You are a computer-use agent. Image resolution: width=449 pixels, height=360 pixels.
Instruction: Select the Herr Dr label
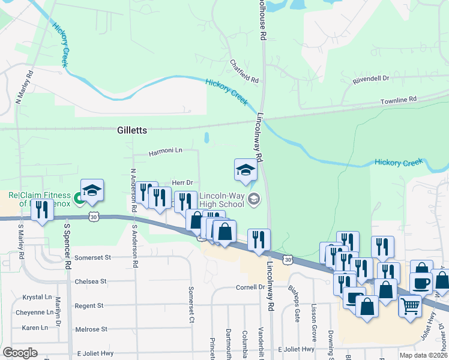pyautogui.click(x=182, y=182)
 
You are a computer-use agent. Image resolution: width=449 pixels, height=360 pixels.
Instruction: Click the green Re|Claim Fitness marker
pyautogui.click(x=78, y=197)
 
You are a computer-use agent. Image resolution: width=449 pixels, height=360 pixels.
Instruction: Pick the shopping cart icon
pyautogui.click(x=410, y=306)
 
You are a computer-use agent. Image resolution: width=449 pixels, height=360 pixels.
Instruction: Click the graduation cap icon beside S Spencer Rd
pyautogui.click(x=92, y=190)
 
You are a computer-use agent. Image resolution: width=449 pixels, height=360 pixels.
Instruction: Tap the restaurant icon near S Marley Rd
pyautogui.click(x=41, y=209)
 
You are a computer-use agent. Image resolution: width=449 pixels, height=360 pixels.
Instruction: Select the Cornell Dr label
pyautogui.click(x=250, y=287)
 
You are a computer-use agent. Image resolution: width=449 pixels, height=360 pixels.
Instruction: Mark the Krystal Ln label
pyautogui.click(x=37, y=297)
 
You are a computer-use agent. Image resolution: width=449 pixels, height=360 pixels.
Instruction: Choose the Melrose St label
pyautogui.click(x=91, y=329)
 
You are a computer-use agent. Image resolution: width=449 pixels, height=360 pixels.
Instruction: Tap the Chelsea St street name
pyautogui.click(x=91, y=281)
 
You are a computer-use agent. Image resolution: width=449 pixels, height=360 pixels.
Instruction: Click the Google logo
pyautogui.click(x=20, y=353)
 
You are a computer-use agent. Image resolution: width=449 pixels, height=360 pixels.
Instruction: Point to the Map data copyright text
pyautogui.click(x=423, y=355)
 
